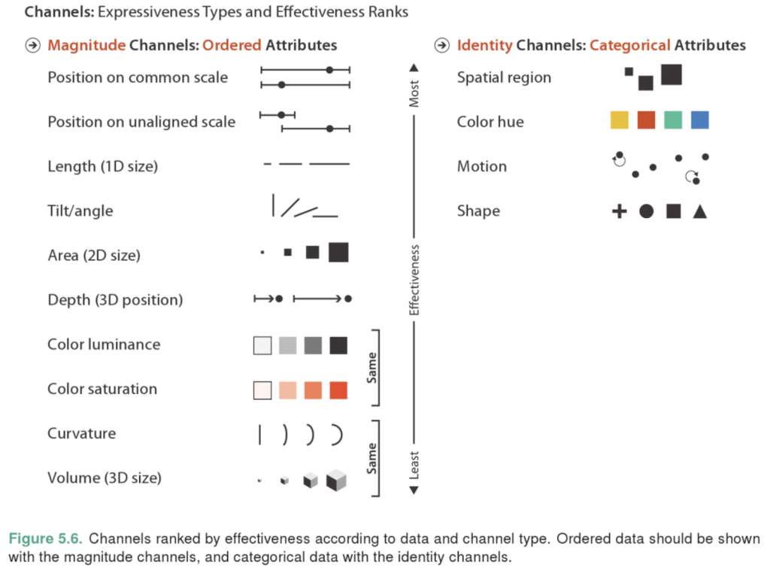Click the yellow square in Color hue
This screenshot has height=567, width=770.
(620, 120)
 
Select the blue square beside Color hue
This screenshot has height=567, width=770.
(700, 120)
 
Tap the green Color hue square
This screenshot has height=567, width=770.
(673, 120)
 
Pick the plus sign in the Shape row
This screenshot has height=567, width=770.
(620, 211)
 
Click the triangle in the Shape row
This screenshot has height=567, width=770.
(700, 211)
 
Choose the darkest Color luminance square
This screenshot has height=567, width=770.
(338, 345)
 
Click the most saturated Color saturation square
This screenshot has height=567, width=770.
(338, 390)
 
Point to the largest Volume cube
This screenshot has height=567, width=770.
(336, 480)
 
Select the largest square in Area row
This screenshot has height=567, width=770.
(338, 253)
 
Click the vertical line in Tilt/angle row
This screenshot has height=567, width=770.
(273, 205)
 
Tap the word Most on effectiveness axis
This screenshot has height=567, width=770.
(414, 93)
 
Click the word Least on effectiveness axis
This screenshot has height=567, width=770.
(414, 465)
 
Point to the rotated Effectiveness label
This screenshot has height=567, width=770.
(414, 280)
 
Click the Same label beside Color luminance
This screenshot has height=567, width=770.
(371, 368)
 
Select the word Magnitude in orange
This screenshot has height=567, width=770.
(86, 45)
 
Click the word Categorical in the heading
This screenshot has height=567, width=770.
(629, 45)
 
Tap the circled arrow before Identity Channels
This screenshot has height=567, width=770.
(442, 45)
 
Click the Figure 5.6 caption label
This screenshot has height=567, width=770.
(45, 538)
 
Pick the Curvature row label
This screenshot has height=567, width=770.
(81, 433)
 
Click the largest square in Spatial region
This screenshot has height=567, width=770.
(671, 74)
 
